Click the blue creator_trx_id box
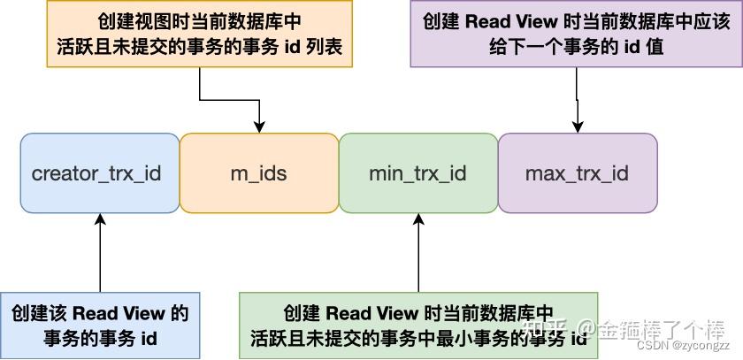coord(100,173)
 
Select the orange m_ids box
coord(259,173)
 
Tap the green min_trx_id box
coord(418,173)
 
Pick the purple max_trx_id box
coord(578,173)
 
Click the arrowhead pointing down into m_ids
coord(259,126)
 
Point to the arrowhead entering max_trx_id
coord(577,126)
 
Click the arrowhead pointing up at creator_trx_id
coord(100,219)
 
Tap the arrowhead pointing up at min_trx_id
coord(418,219)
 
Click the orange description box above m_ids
coord(200,34)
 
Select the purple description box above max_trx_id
coord(576,34)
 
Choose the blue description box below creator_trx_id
coord(100,326)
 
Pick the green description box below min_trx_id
coord(418,326)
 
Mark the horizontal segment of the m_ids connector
coord(229,100)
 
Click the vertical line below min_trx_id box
coord(418,259)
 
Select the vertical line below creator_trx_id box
coord(100,259)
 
